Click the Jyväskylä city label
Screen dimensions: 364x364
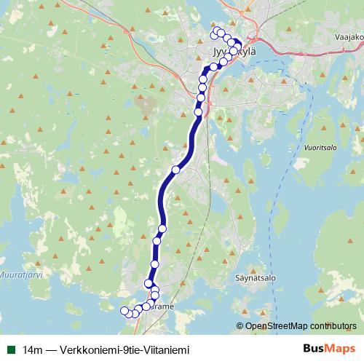click(226, 54)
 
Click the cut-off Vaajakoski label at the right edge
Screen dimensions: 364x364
click(351, 36)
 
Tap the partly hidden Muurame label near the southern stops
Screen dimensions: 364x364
click(163, 307)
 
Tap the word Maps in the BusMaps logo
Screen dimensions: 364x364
click(341, 349)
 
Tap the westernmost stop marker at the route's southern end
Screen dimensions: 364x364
click(123, 312)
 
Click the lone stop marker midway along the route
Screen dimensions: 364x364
click(175, 170)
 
